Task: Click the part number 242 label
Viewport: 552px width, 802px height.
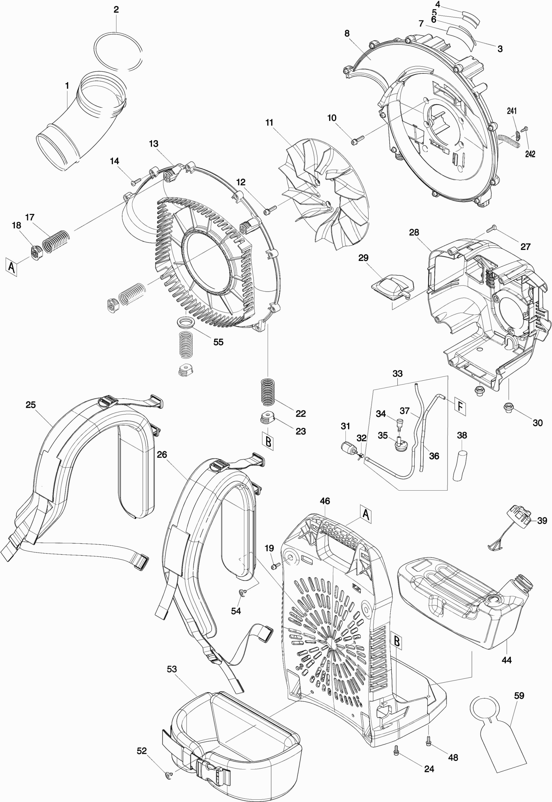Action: pyautogui.click(x=530, y=154)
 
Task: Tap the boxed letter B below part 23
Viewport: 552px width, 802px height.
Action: pyautogui.click(x=268, y=442)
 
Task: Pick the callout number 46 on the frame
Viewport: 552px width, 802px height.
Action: pyautogui.click(x=325, y=501)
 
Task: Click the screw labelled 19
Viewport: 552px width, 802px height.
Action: pyautogui.click(x=276, y=565)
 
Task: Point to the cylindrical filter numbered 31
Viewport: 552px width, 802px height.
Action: pyautogui.click(x=348, y=448)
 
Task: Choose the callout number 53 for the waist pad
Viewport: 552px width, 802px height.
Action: pyautogui.click(x=172, y=669)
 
